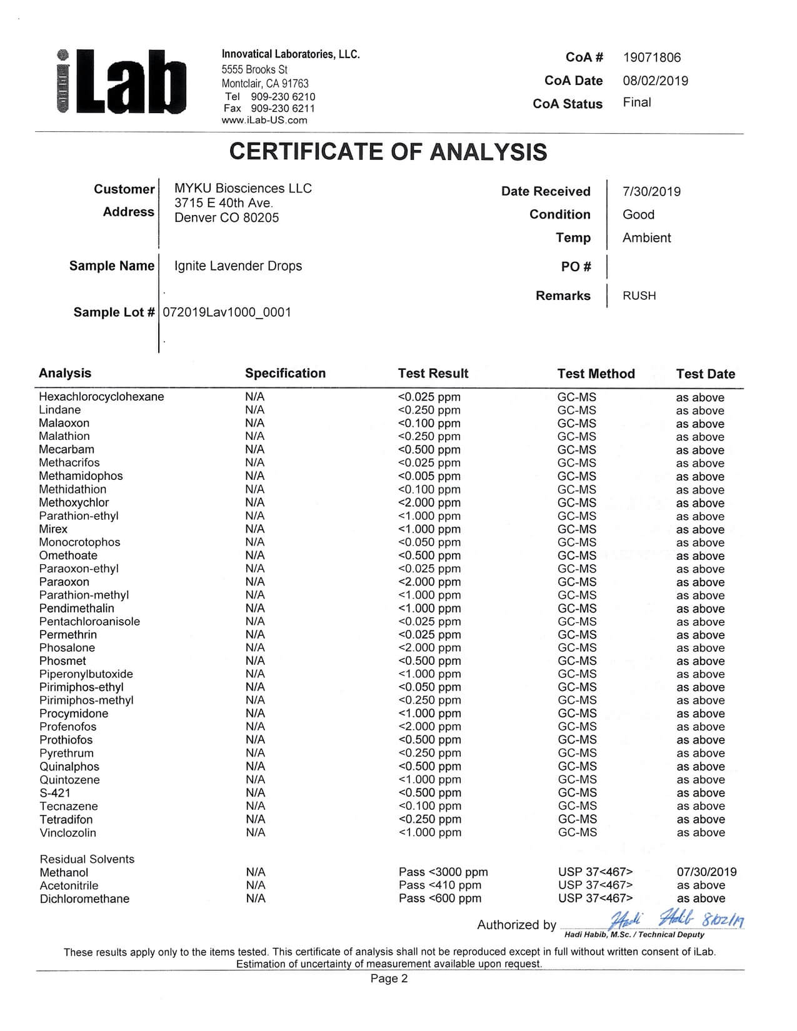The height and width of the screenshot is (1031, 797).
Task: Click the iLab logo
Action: (x=122, y=82)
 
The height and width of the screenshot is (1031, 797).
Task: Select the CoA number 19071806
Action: (x=651, y=57)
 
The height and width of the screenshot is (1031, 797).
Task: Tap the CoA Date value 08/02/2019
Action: (x=655, y=81)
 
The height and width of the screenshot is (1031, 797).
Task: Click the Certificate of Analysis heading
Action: (x=388, y=152)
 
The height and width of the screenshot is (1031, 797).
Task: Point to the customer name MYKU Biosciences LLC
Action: (x=243, y=189)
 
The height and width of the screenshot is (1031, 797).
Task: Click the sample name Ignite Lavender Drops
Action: (x=238, y=266)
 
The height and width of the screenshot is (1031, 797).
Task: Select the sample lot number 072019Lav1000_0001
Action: (x=226, y=312)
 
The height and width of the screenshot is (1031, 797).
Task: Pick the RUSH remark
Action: (x=639, y=296)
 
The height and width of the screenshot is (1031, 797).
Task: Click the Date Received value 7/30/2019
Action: (x=651, y=192)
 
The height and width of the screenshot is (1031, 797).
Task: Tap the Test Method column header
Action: (x=596, y=374)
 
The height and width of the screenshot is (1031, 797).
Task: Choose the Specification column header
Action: (x=285, y=374)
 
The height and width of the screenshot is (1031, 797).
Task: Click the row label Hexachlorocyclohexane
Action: (x=101, y=397)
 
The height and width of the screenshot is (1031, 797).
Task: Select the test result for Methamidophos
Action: (x=429, y=476)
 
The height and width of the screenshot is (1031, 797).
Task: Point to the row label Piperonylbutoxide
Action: (x=86, y=674)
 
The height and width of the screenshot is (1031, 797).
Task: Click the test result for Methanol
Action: (x=443, y=872)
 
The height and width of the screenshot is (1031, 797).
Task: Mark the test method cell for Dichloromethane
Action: (x=595, y=899)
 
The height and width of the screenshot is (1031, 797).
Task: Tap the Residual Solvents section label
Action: (x=87, y=859)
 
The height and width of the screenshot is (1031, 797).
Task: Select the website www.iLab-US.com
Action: (x=264, y=121)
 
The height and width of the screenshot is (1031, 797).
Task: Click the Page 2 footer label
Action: (x=389, y=979)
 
